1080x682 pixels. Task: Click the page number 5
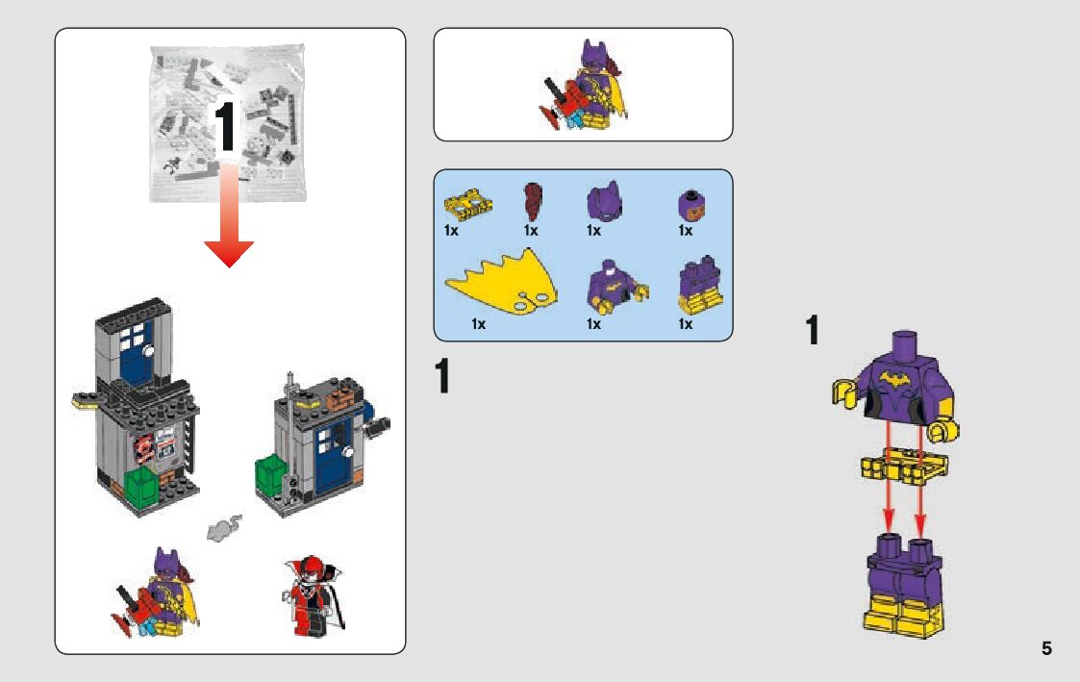tap(1046, 648)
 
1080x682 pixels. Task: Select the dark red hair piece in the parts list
tap(532, 201)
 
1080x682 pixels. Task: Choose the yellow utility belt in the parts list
tap(468, 204)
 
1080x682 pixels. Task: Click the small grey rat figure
tap(223, 527)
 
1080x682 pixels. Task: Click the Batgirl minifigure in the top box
tap(584, 87)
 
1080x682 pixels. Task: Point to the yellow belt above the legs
tap(903, 467)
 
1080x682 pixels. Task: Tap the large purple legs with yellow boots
tap(905, 586)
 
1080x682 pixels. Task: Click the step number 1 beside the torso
tap(813, 332)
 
